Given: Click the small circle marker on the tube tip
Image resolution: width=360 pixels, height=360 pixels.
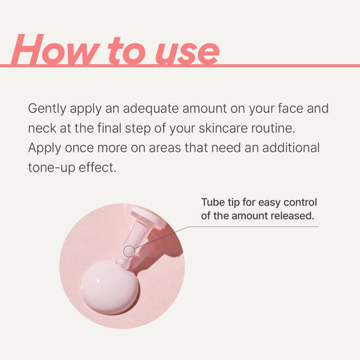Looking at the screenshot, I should coord(129,251).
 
